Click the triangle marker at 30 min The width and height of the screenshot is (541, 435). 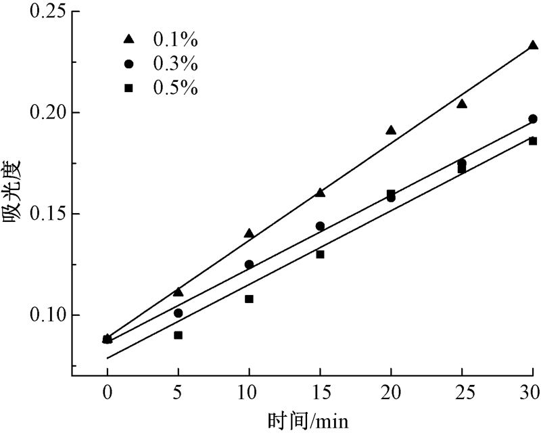pyautogui.click(x=533, y=45)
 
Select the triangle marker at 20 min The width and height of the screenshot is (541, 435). pyautogui.click(x=391, y=130)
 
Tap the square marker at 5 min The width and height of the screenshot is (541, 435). pyautogui.click(x=178, y=335)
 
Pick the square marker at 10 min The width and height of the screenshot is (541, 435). pyautogui.click(x=249, y=298)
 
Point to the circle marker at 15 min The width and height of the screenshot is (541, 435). pyautogui.click(x=320, y=226)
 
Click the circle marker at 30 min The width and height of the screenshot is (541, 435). pyautogui.click(x=533, y=119)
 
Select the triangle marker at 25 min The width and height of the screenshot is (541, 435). pyautogui.click(x=462, y=104)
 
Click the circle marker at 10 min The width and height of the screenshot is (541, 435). pyautogui.click(x=249, y=265)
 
